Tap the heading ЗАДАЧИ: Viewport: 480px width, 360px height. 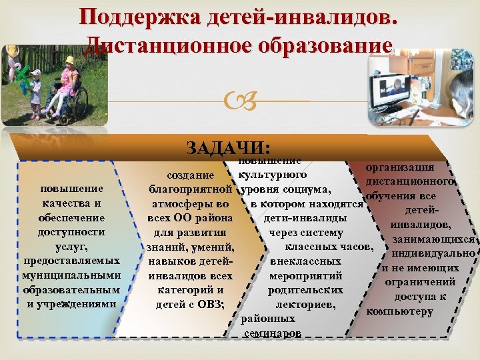click(x=226, y=147)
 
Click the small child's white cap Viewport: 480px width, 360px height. click(x=35, y=73)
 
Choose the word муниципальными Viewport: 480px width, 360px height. click(x=71, y=275)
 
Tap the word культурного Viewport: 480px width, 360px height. click(x=272, y=175)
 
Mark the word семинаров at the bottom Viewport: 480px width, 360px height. click(x=271, y=333)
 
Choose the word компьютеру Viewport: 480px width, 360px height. click(x=400, y=311)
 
